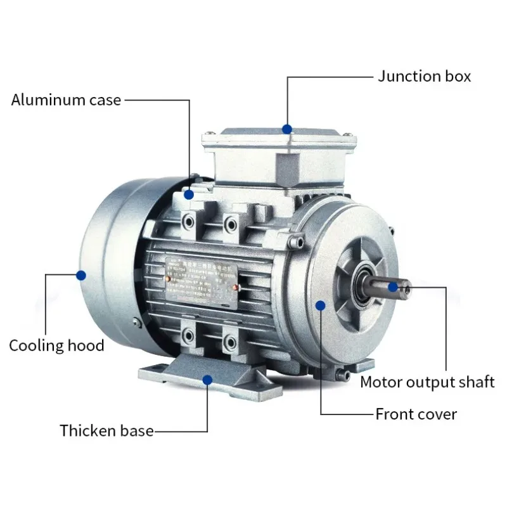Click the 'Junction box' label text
tap(425, 77)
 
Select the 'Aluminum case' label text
tap(66, 99)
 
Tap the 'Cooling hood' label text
tap(56, 345)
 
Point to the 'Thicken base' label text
tap(106, 431)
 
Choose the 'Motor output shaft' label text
tap(427, 382)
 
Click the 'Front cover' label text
tap(416, 414)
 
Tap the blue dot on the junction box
tap(287, 129)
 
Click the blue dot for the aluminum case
tap(189, 195)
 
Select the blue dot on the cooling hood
tap(80, 275)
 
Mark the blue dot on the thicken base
tap(207, 379)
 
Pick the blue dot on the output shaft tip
tap(393, 287)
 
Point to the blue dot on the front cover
tap(321, 305)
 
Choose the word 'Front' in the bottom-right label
tap(395, 414)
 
